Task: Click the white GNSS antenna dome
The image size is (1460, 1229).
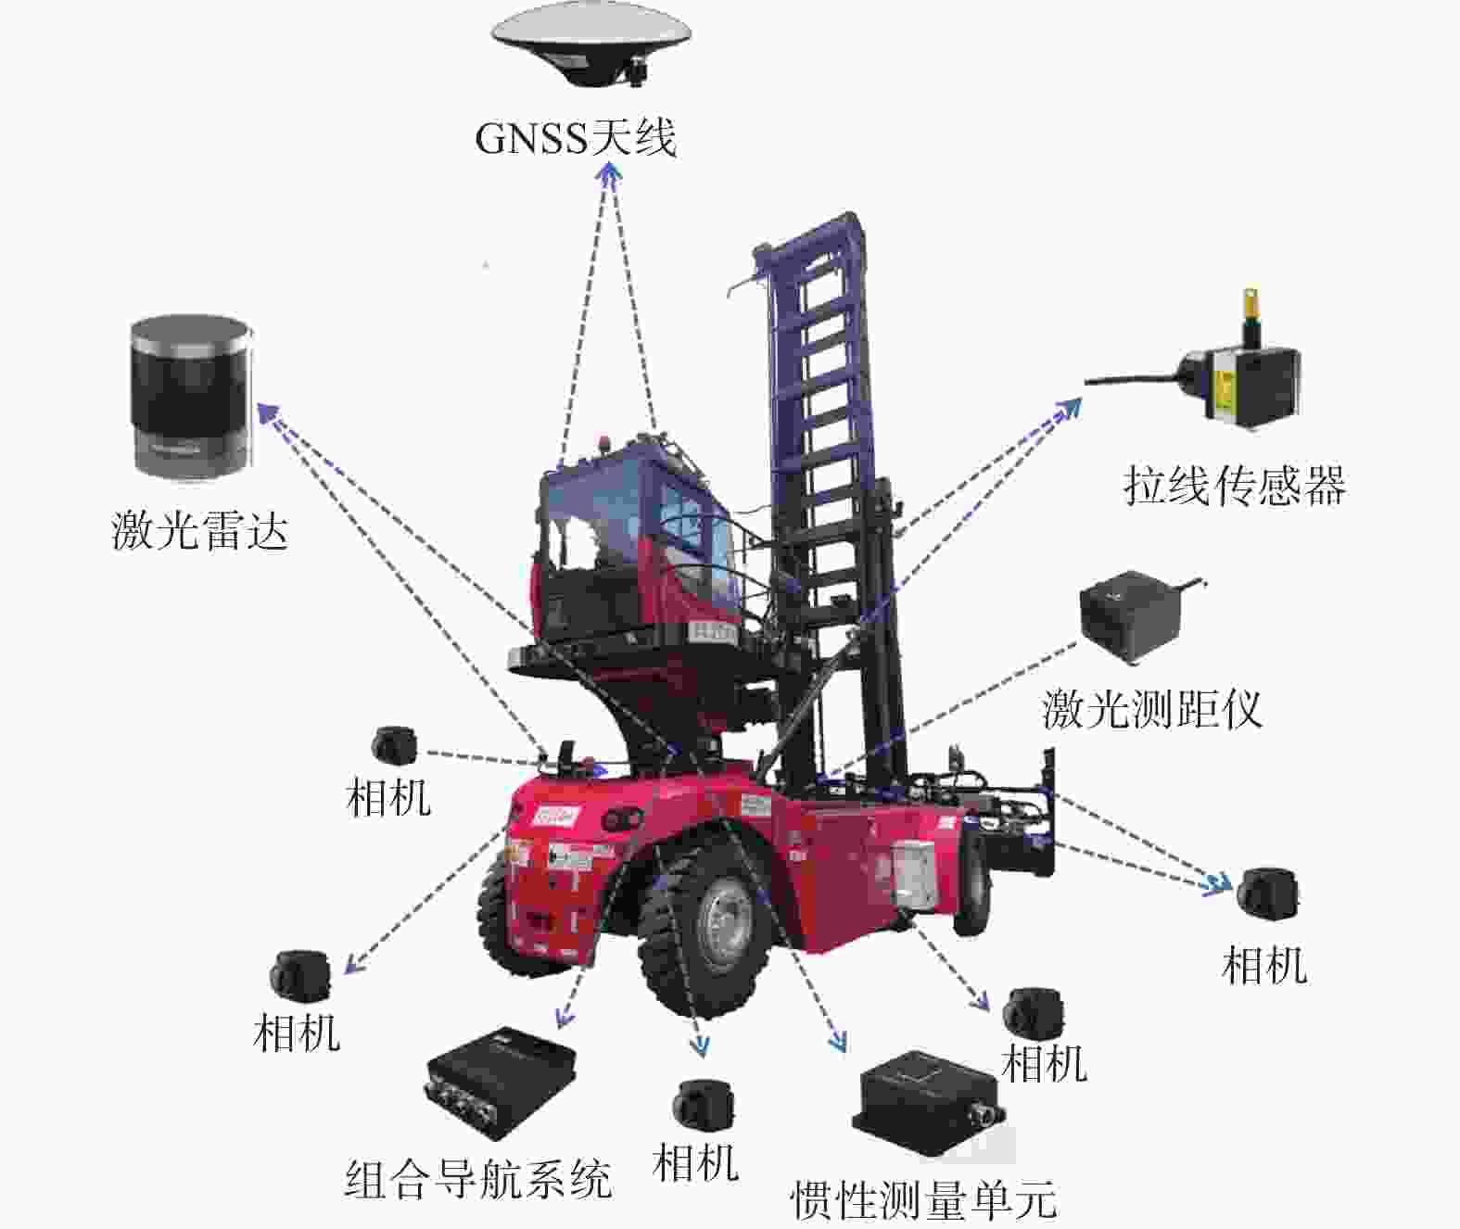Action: click(x=590, y=44)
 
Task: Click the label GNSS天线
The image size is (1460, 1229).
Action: click(x=576, y=138)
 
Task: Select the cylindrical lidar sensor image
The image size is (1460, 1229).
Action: click(x=191, y=397)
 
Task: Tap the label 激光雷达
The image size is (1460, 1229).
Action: click(x=200, y=530)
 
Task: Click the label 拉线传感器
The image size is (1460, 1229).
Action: click(x=1234, y=485)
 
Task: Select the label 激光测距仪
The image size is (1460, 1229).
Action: click(x=1153, y=709)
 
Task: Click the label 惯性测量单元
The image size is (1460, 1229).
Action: click(x=923, y=1200)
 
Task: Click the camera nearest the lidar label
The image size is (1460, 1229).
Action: click(x=394, y=745)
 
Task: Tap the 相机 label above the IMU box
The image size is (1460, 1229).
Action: click(x=1044, y=1064)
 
